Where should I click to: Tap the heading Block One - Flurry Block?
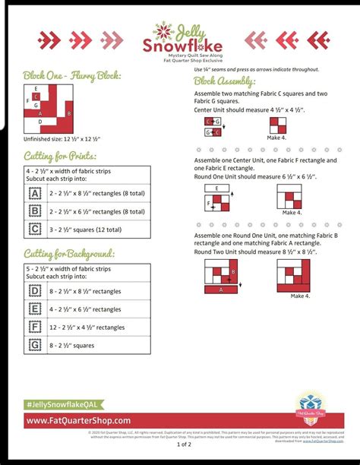click(x=71, y=76)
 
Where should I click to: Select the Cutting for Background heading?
click(x=69, y=253)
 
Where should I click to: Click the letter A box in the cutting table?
click(x=35, y=192)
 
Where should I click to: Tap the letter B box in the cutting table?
click(x=35, y=210)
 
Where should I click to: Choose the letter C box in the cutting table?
click(x=35, y=228)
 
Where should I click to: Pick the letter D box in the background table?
click(x=35, y=290)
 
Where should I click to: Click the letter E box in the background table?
click(x=35, y=308)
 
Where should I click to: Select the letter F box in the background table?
click(x=35, y=327)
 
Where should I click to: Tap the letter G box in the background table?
click(x=35, y=345)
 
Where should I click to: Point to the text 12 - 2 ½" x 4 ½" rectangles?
click(x=87, y=327)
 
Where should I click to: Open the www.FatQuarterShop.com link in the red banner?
click(x=79, y=420)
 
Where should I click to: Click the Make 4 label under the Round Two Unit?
click(x=300, y=296)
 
